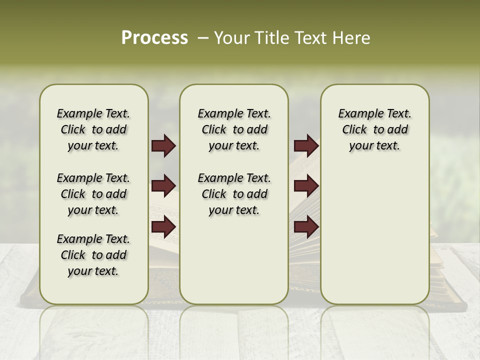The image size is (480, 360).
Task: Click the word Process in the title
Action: (x=154, y=37)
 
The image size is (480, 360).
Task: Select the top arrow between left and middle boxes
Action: (x=163, y=146)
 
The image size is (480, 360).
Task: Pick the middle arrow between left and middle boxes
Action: (x=163, y=186)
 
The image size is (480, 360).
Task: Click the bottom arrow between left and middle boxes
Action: (x=163, y=226)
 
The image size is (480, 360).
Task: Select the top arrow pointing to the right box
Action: (x=306, y=146)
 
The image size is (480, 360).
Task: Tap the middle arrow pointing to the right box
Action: (x=306, y=186)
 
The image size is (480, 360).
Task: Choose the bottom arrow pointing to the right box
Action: (x=306, y=226)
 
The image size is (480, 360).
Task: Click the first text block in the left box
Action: (x=93, y=129)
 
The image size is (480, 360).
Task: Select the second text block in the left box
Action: (x=93, y=194)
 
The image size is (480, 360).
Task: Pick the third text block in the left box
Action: (x=93, y=255)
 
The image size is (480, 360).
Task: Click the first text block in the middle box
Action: (x=234, y=129)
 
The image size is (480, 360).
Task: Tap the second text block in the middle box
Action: (x=234, y=194)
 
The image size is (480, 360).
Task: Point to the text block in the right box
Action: (x=374, y=129)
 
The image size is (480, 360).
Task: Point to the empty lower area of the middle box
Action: (x=234, y=260)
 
